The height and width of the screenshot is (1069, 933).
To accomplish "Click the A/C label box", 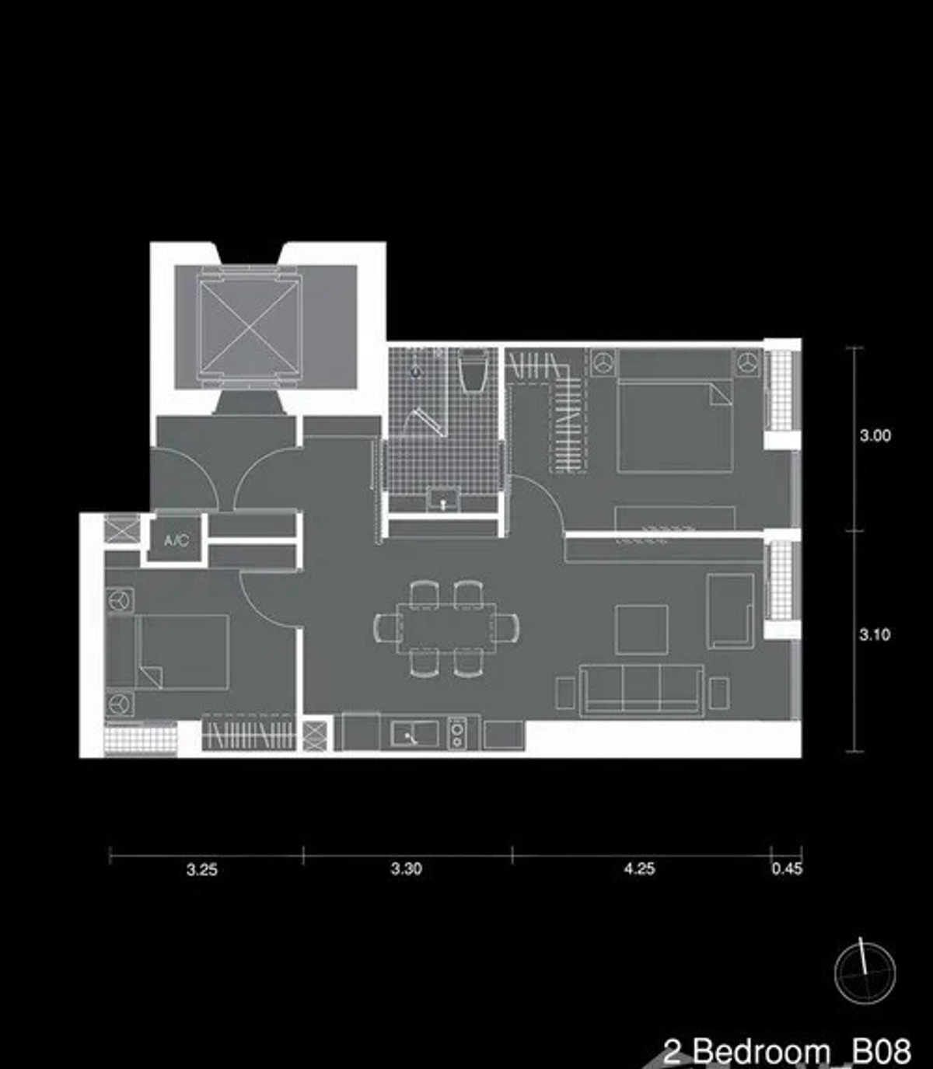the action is (x=176, y=540).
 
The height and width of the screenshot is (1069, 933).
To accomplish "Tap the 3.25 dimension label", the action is (x=201, y=870).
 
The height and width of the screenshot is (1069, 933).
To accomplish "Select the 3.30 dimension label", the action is (x=407, y=869).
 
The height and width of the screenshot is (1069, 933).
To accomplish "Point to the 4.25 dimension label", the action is (x=639, y=869).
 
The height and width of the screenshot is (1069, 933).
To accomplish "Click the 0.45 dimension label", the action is (x=787, y=869).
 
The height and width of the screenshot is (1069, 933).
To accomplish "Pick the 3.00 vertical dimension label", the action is (x=875, y=435).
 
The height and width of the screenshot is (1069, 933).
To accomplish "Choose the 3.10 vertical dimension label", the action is (x=875, y=635).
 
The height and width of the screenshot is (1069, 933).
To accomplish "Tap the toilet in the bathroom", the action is (x=473, y=369).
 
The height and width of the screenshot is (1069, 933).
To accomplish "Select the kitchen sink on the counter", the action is (x=414, y=734).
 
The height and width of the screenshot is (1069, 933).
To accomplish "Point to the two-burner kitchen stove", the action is (x=457, y=734).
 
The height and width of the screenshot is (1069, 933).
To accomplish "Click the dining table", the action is (x=446, y=627).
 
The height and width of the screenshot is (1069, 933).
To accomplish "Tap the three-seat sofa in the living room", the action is (x=641, y=690).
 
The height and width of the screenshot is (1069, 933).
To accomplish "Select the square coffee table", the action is (x=641, y=630).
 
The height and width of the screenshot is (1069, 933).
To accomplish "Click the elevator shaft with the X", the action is (x=250, y=327).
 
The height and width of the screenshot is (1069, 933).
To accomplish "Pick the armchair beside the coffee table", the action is (x=730, y=611).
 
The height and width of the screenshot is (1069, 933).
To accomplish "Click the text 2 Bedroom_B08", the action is (x=787, y=1050).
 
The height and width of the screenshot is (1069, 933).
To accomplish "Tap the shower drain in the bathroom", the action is (x=416, y=372).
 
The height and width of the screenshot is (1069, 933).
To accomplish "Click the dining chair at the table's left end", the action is (x=387, y=627).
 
